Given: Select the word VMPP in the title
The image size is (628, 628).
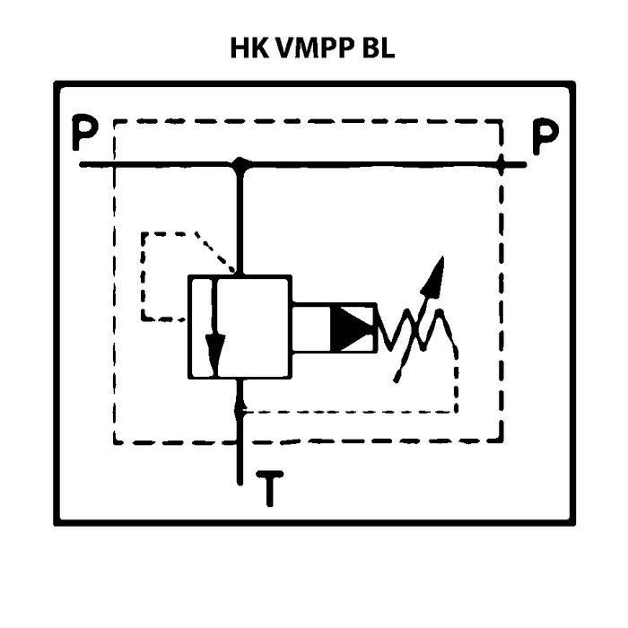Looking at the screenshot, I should point(311,49).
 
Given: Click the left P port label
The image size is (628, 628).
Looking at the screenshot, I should point(86,137).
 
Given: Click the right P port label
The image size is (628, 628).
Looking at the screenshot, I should point(545,137).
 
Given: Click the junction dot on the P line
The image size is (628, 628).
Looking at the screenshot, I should point(240,165).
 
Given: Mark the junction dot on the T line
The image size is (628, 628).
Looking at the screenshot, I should point(240,410).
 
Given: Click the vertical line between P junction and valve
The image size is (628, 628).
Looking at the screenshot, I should point(240,220).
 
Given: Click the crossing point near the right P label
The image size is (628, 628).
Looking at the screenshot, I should point(502,165).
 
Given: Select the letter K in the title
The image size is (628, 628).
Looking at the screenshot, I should point(261,49).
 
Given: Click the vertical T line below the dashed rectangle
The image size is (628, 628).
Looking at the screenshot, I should point(240,462).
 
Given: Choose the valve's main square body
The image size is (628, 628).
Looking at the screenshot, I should point(240,327).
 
